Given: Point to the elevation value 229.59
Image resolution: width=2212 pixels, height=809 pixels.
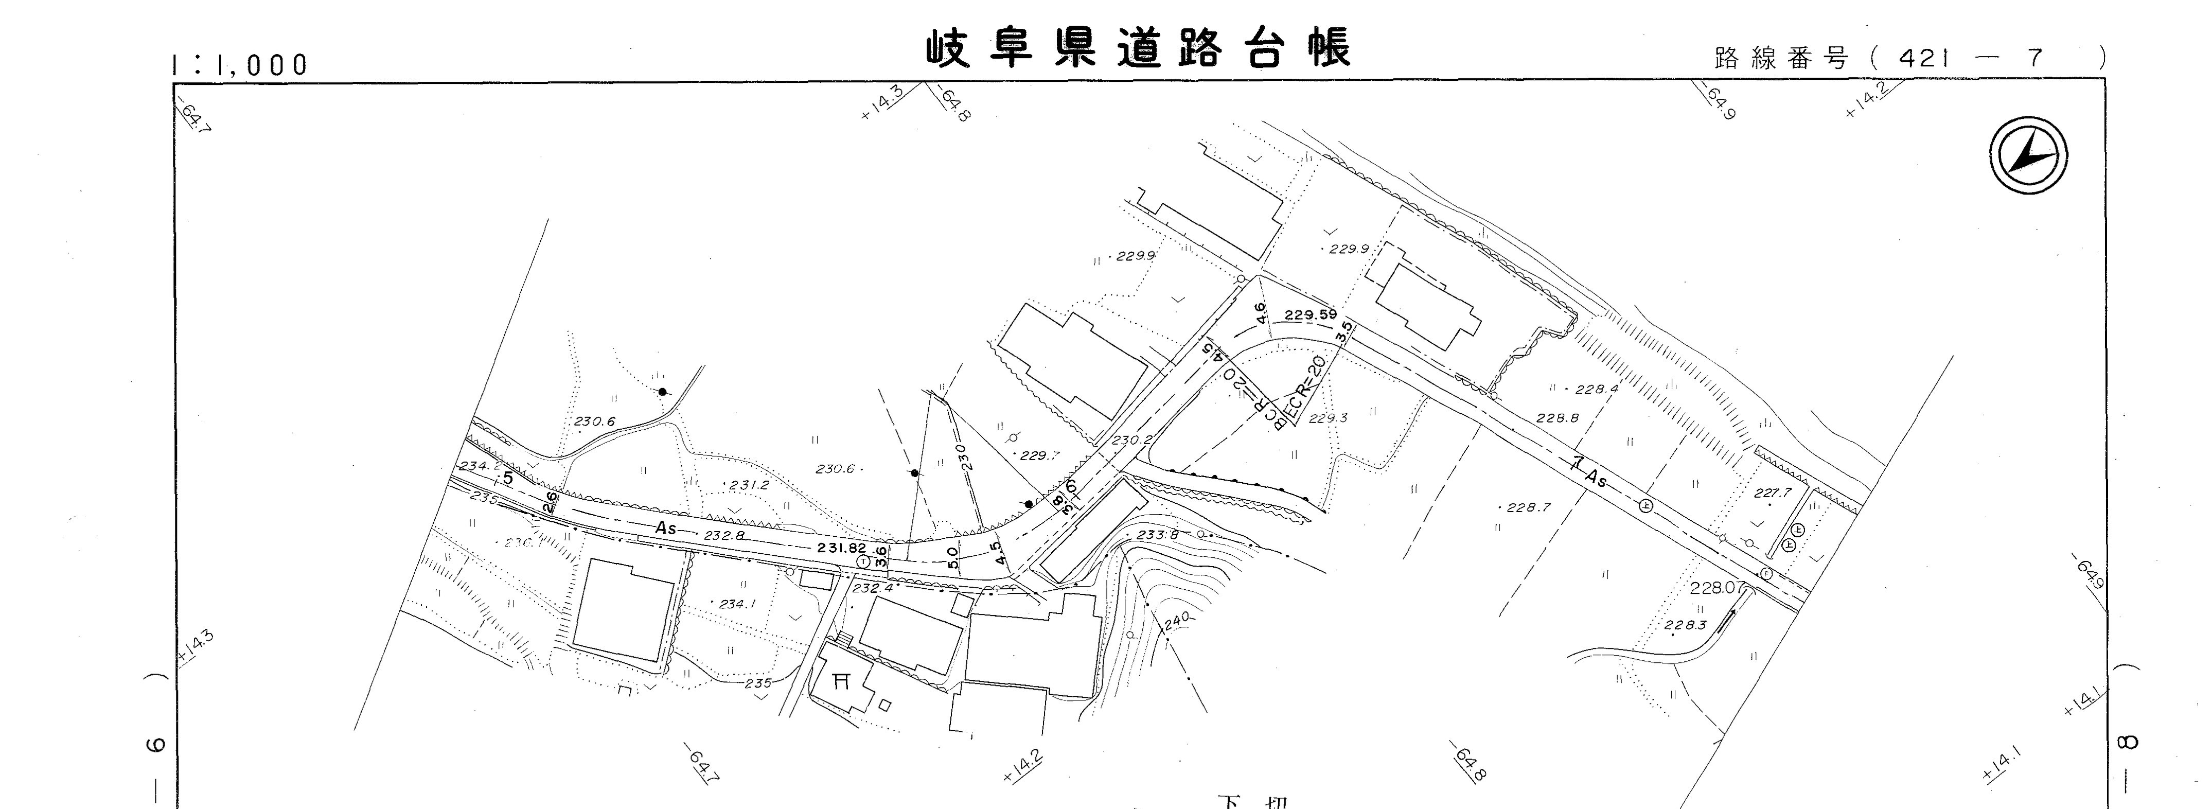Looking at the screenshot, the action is [1311, 315].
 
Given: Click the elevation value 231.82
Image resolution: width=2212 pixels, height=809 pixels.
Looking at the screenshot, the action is [841, 548].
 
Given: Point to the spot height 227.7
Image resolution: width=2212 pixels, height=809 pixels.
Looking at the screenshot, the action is [1773, 493].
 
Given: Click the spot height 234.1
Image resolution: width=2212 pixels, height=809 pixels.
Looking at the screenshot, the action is [737, 604].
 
